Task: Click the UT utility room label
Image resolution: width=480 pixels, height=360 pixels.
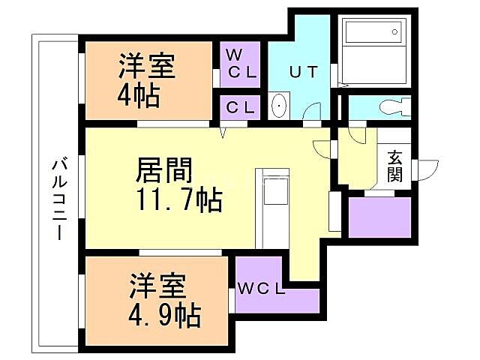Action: (x=304, y=73)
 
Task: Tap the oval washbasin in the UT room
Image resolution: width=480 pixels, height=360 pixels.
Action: (x=279, y=107)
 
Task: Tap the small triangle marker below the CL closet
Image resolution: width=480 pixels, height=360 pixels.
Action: (x=222, y=133)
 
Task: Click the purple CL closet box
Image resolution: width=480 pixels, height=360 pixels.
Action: (x=240, y=107)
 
